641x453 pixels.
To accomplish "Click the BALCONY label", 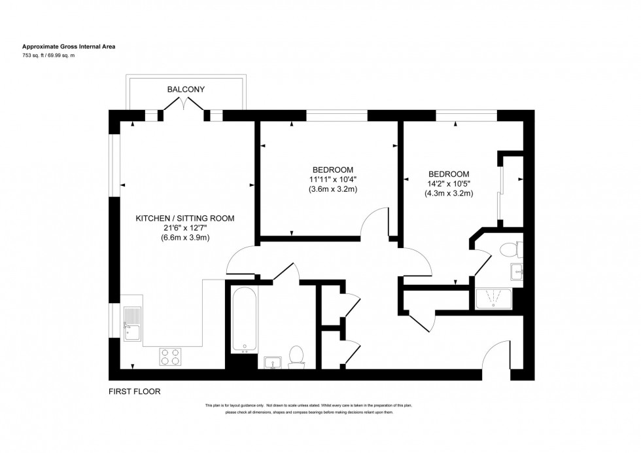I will coord(186,88).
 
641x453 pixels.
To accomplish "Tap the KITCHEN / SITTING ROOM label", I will coord(184,218).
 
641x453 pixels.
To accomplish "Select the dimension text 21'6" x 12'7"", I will coord(184,228).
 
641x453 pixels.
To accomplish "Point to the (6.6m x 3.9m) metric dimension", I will coord(184,238).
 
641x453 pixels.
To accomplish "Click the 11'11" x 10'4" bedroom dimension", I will coord(333,179).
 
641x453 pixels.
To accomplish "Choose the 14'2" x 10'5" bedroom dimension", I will coord(449,183).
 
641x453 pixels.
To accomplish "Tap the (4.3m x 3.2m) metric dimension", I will coord(449,193).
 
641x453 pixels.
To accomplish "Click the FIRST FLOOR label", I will coord(134,391).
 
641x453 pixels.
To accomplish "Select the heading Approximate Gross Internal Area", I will coord(70,46).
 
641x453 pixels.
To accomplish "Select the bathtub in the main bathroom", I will coord(244,319).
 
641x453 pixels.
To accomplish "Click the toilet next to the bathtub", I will coord(296,357).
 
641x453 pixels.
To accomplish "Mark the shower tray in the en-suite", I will coord(494,299).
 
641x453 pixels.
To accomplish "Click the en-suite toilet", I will coord(508,249).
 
